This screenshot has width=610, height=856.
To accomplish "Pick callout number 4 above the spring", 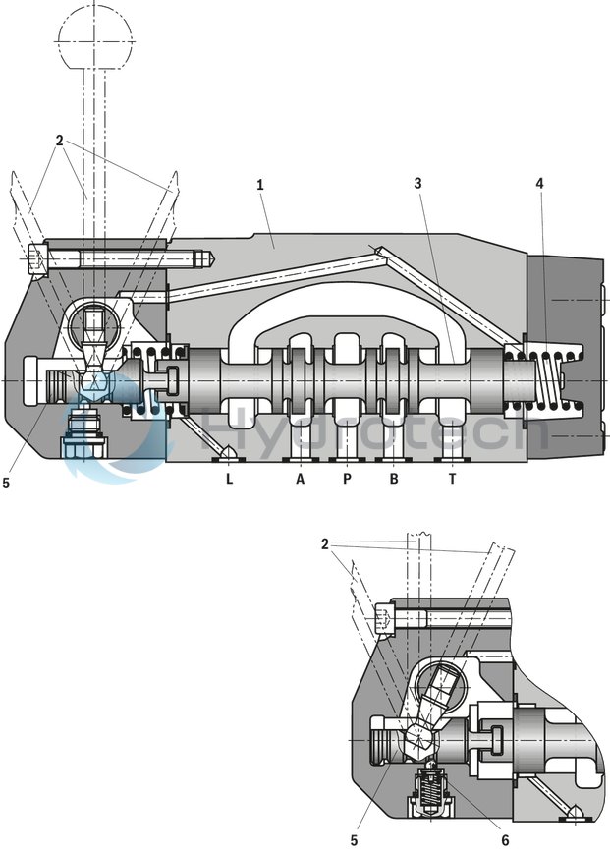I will (539, 183).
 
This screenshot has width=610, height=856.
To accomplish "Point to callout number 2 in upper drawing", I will (59, 141).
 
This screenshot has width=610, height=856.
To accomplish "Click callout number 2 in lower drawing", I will (325, 543).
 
